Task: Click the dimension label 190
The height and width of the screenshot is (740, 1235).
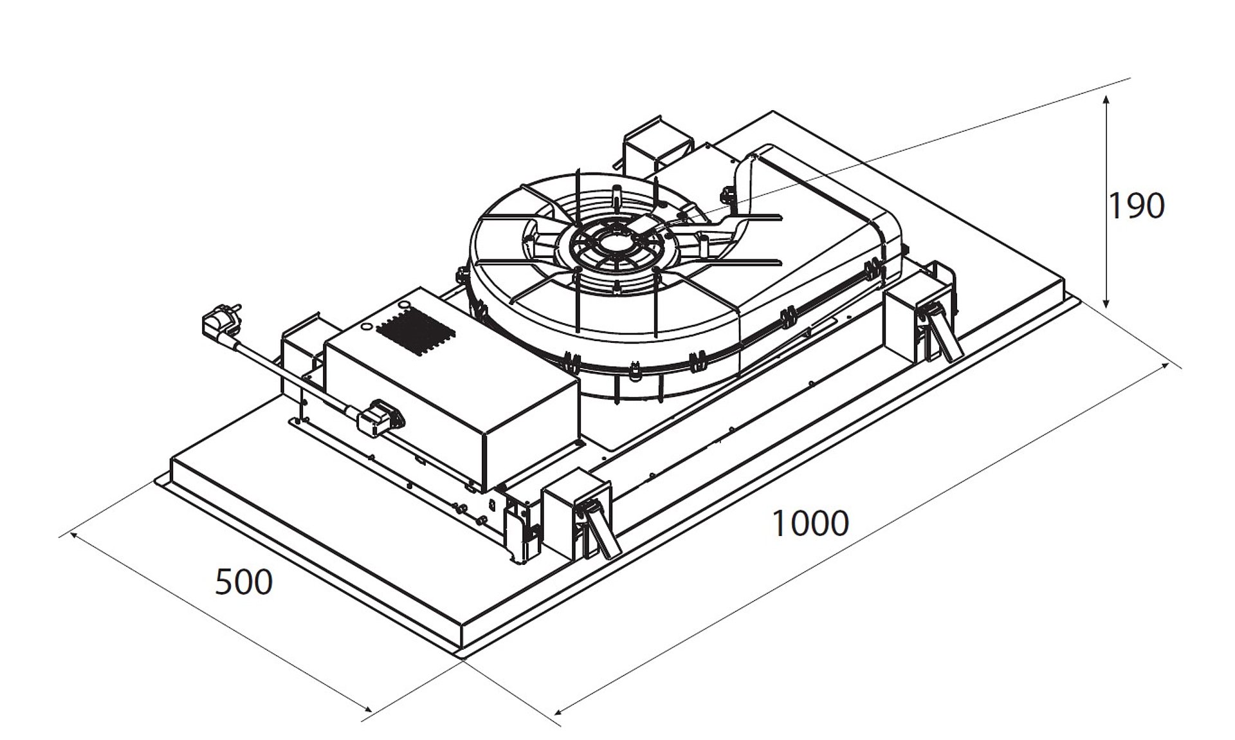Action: (x=1136, y=206)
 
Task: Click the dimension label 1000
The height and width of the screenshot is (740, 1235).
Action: (x=810, y=523)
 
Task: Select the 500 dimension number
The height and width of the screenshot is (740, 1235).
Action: (x=243, y=582)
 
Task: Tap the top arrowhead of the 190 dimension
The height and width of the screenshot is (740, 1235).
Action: (x=1106, y=102)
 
